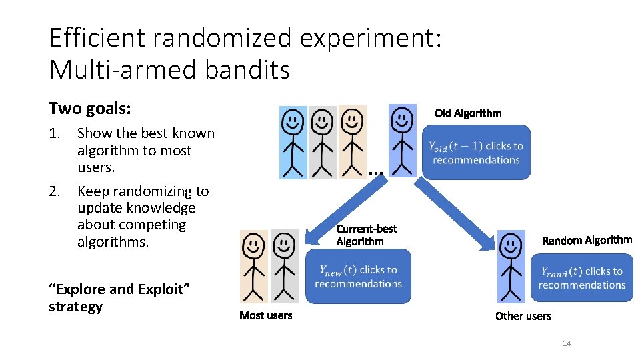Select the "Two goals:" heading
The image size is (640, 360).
click(x=89, y=109)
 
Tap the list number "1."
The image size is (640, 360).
click(x=55, y=133)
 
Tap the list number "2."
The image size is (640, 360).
click(x=55, y=191)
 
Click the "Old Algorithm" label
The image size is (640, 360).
click(x=468, y=113)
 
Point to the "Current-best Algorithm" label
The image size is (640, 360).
click(x=366, y=235)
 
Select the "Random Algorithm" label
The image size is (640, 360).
click(x=587, y=240)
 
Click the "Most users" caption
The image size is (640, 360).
click(x=265, y=315)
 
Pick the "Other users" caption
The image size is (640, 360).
click(x=523, y=316)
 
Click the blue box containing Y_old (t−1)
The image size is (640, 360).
click(x=476, y=153)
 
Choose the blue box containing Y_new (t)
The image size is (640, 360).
click(x=358, y=277)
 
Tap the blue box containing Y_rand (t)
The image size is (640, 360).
click(x=581, y=277)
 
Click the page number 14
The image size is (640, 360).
click(x=567, y=343)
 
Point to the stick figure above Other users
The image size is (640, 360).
click(x=511, y=267)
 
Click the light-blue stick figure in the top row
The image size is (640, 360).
click(x=293, y=142)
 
